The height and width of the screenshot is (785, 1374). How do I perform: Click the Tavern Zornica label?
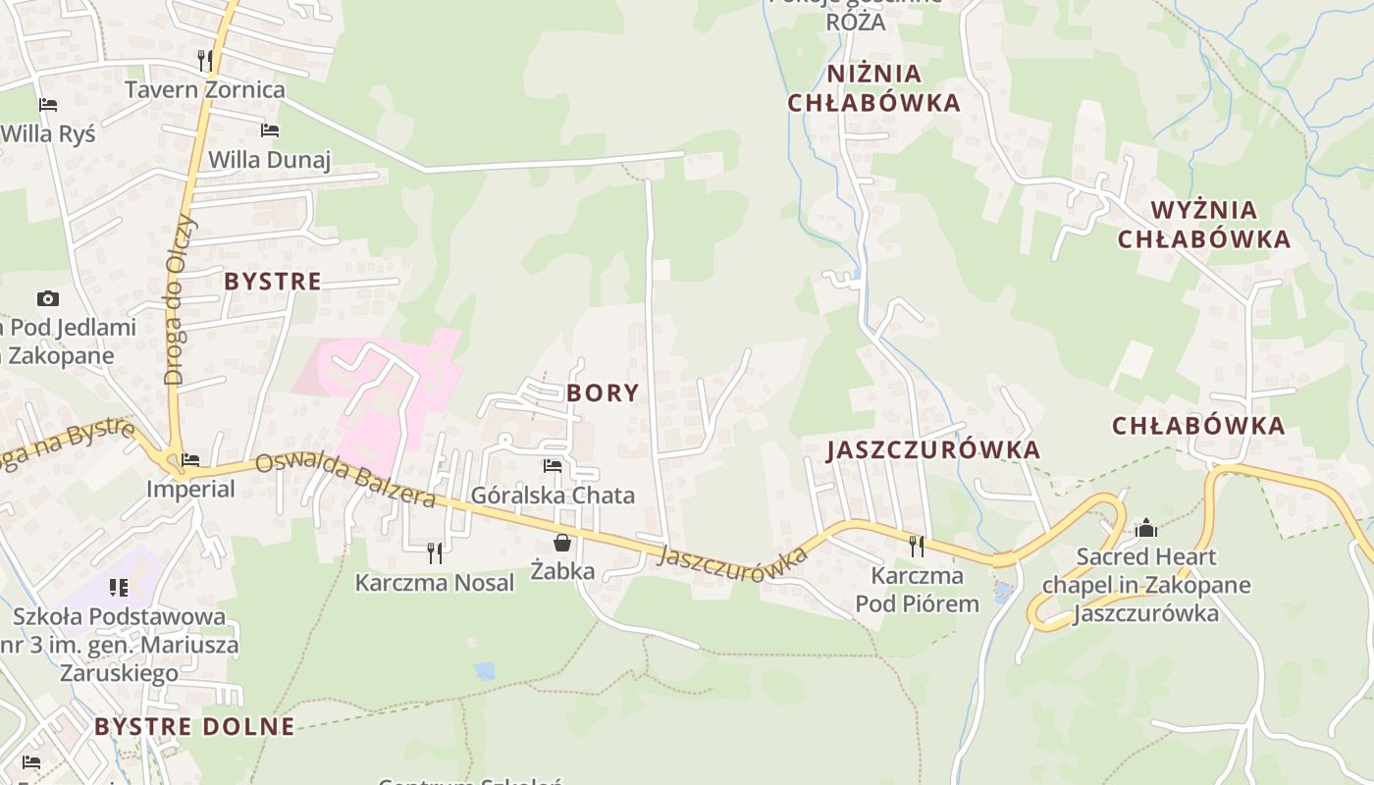click(x=204, y=89)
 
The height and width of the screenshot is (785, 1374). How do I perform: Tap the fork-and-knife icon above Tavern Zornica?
click(x=204, y=60)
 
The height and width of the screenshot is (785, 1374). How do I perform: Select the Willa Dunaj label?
click(x=270, y=159)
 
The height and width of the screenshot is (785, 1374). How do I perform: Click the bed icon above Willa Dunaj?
click(x=270, y=131)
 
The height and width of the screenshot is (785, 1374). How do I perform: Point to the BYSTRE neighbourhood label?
click(x=273, y=282)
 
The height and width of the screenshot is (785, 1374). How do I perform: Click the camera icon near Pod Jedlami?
click(x=47, y=298)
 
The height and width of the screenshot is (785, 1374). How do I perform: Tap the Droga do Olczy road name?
click(x=182, y=299)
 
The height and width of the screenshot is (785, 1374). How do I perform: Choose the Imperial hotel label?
click(x=190, y=489)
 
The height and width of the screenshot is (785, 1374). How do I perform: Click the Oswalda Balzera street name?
click(x=345, y=481)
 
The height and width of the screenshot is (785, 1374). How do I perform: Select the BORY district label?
click(x=603, y=393)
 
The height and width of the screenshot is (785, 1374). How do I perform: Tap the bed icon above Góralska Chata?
click(x=553, y=466)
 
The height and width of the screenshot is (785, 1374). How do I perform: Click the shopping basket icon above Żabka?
click(x=562, y=542)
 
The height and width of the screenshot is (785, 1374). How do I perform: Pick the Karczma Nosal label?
click(x=434, y=583)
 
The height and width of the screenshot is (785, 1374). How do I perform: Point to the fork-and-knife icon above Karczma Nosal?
click(x=434, y=553)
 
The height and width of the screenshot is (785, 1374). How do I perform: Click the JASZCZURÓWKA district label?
click(x=933, y=450)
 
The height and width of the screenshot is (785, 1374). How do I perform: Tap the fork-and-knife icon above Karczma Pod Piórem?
click(x=917, y=546)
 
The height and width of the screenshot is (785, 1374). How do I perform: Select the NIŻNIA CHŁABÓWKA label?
click(x=874, y=88)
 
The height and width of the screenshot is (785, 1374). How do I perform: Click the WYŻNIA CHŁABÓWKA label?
click(x=1204, y=225)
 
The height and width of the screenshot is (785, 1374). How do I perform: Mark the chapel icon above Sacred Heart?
click(x=1146, y=529)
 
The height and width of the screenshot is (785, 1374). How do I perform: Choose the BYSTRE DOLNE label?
click(x=194, y=727)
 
